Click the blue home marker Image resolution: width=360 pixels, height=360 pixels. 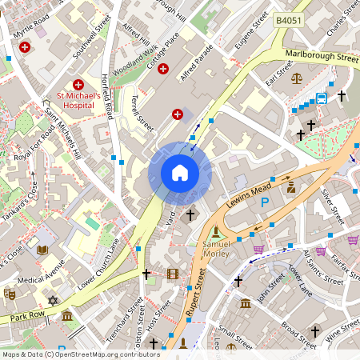point(180,173)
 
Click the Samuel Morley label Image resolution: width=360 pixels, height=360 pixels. point(217,248)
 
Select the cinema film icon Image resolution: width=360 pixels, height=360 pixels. point(174,274)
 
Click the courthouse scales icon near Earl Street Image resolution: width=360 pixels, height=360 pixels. point(298,79)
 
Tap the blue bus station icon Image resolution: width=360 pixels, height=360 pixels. point(322,98)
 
